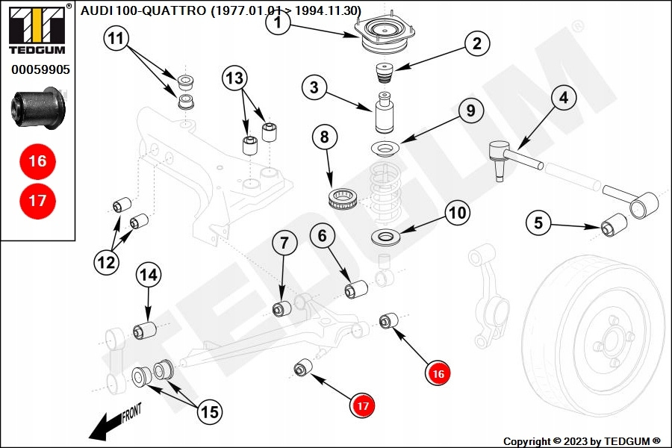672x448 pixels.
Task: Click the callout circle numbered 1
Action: [278, 24]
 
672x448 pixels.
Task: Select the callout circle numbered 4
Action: [564, 97]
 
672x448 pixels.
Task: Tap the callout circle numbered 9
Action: [470, 111]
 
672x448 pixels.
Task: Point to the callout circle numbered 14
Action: [148, 275]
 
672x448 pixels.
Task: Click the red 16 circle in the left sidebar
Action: [37, 161]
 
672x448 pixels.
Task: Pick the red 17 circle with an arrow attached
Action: [363, 406]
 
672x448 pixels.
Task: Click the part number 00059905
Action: [40, 71]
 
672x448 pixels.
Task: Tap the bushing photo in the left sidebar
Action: [39, 107]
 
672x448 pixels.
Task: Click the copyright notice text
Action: [582, 441]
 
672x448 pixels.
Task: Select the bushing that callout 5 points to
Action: [615, 223]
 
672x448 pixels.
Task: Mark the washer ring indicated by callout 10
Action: [387, 239]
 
